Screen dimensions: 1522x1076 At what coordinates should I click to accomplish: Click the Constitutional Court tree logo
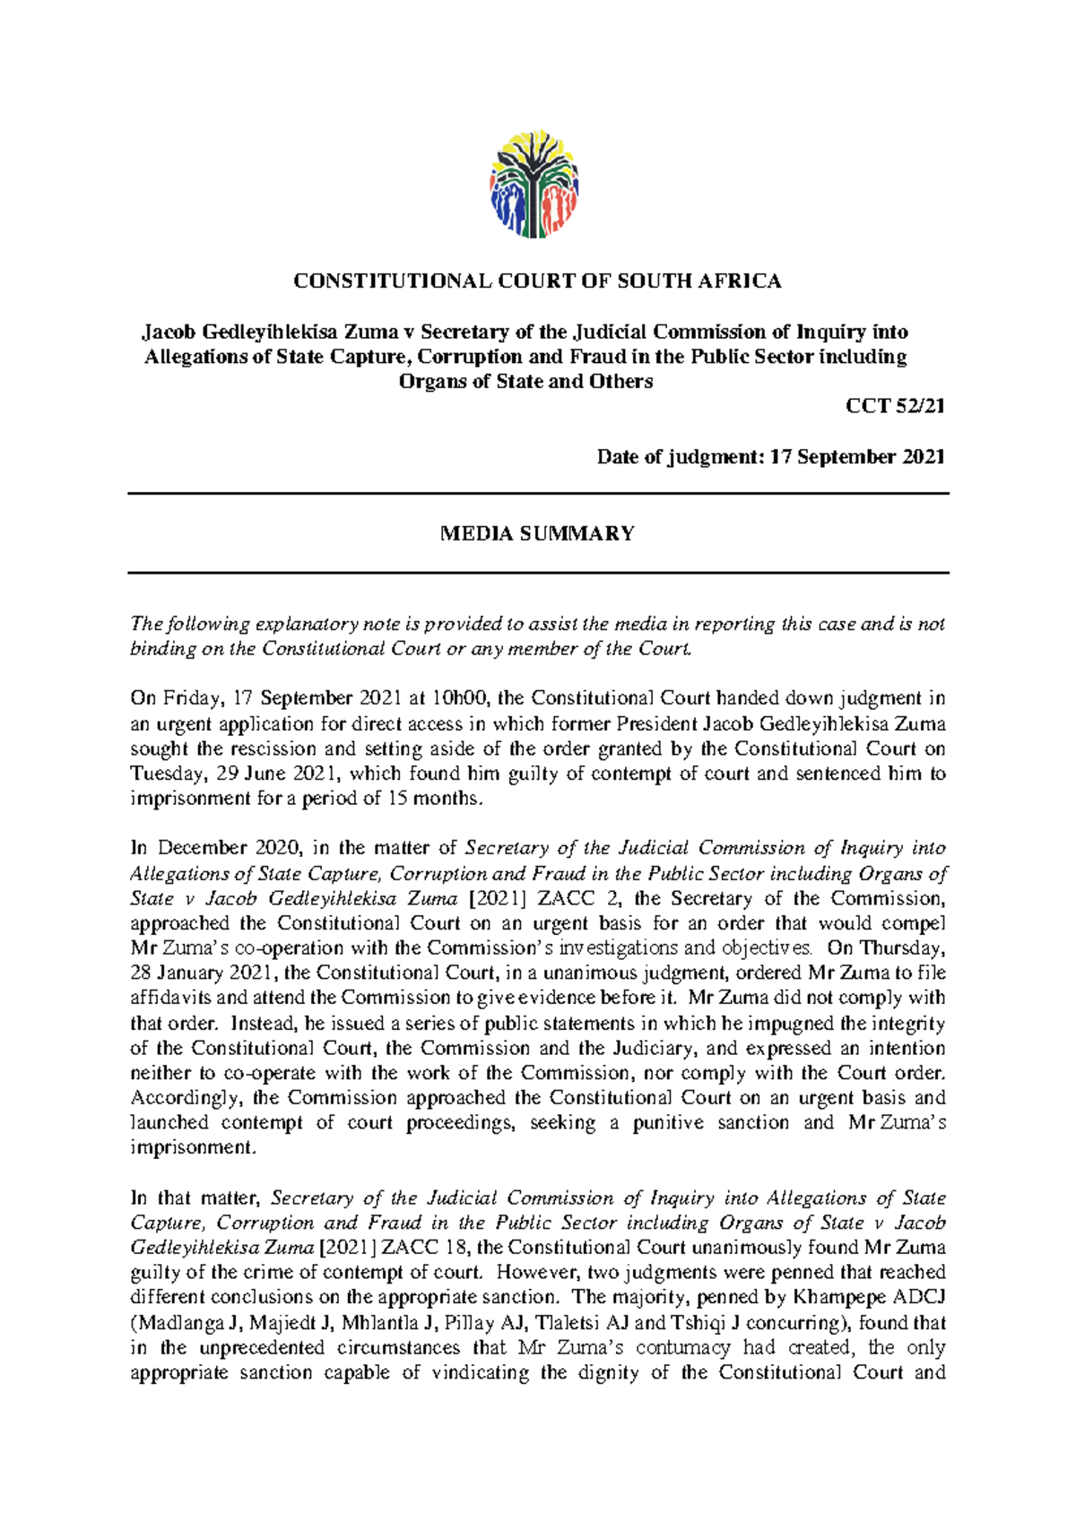[x=534, y=185]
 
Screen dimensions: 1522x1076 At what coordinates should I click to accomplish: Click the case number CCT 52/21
[x=895, y=406]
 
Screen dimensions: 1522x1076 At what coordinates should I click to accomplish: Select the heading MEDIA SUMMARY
[x=537, y=534]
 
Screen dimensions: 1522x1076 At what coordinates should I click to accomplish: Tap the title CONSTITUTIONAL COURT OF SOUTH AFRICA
[x=537, y=281]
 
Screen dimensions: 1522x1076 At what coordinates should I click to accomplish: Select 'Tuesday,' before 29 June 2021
[x=160, y=774]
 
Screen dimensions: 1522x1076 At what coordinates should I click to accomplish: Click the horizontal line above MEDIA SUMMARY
[x=537, y=494]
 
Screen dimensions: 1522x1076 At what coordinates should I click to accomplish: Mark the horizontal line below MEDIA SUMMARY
[x=537, y=573]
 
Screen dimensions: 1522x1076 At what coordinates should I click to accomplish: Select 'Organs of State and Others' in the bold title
[x=525, y=382]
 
